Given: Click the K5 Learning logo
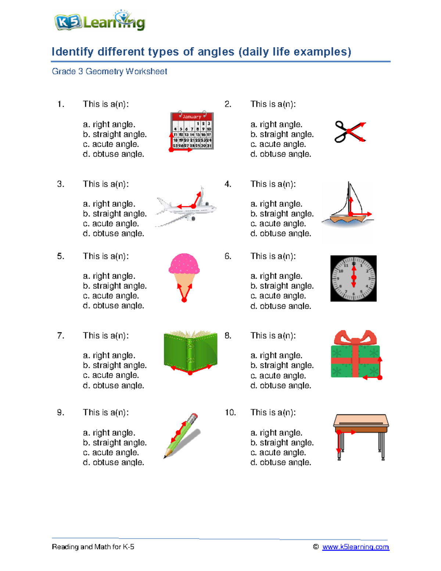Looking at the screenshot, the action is coord(100,21).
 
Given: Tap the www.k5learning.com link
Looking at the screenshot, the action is coord(356,547).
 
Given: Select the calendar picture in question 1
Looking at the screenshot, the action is coord(192,131).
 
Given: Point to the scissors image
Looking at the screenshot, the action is coord(350,132).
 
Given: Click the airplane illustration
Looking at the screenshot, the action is coord(186,207).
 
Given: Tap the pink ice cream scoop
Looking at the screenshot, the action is coord(184,264).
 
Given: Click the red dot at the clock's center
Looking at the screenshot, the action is coord(354,278).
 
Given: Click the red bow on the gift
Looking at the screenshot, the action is coord(355,338).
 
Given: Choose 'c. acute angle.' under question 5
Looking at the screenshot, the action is coord(111,296).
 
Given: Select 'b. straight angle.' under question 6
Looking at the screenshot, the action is coord(282,286).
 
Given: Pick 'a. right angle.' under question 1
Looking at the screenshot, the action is coord(109,124).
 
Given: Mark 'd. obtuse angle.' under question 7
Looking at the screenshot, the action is coord(114,385).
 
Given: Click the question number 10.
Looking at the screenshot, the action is coord(230,413).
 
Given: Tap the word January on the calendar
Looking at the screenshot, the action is coord(192,117).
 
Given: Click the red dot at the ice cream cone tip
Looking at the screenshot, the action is coord(184,300).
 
